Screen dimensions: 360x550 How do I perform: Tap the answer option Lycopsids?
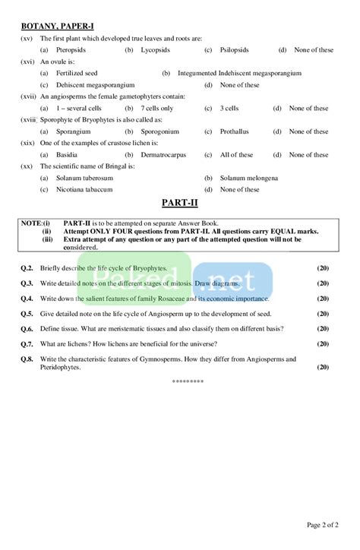156,50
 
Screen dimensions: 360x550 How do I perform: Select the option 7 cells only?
157,109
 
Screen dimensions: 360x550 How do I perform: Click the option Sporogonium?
159,131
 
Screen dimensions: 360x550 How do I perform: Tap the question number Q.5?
27,313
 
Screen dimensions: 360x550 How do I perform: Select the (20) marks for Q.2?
323,269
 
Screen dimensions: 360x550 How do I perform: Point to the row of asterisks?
188,381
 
